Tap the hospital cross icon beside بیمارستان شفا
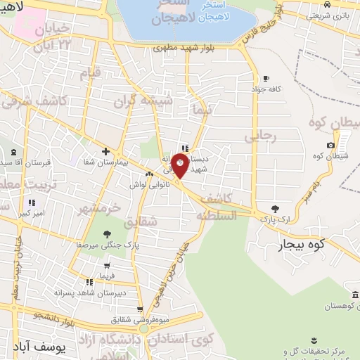click(x=105, y=151)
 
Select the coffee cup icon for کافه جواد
click(x=266, y=78)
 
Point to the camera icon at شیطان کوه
click(x=331, y=145)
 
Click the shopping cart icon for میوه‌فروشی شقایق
click(x=140, y=309)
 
